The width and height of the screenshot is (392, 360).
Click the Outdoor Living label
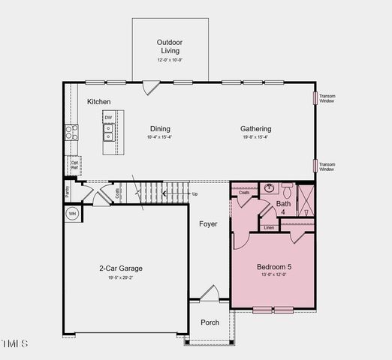[x=170, y=46]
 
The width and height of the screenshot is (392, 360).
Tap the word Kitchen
[x=99, y=101]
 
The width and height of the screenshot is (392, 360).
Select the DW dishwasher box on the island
[x=108, y=118]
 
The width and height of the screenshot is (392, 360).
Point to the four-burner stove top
[x=71, y=133]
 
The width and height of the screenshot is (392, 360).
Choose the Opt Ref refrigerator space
[x=75, y=163]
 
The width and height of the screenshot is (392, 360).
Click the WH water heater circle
[x=73, y=214]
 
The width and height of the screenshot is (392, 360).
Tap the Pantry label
[x=67, y=191]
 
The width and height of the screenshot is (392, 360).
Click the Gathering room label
[x=255, y=129]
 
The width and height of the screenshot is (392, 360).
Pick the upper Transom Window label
[x=327, y=98]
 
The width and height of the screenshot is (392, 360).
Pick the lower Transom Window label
[x=327, y=166]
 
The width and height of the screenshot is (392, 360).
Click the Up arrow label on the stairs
[x=195, y=194]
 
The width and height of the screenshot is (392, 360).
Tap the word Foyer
[x=208, y=224]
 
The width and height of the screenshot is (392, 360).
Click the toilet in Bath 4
[x=286, y=190]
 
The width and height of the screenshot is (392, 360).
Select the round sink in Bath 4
[x=269, y=188]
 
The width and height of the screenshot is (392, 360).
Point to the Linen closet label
[x=269, y=227]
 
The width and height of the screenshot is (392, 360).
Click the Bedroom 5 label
[x=275, y=267]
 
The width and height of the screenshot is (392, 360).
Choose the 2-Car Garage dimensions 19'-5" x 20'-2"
[x=120, y=278]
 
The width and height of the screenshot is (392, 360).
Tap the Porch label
[x=210, y=322]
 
